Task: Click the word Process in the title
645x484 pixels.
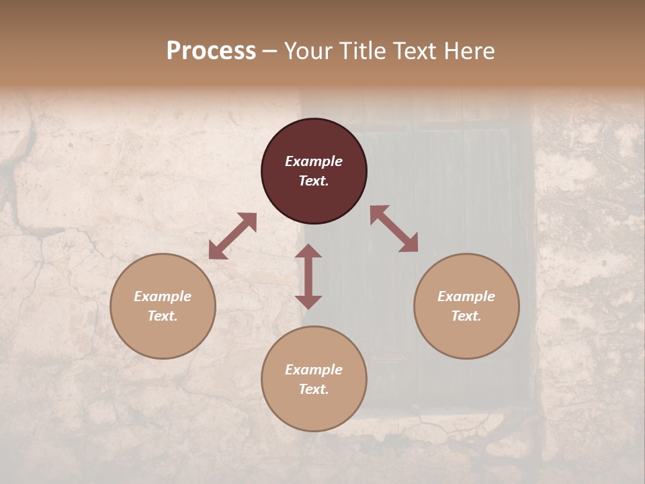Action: (211, 51)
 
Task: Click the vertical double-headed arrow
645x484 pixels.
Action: (308, 276)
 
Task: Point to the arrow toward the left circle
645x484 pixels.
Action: (232, 235)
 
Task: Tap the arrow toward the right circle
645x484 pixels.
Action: (394, 229)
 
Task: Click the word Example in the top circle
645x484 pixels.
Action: (314, 161)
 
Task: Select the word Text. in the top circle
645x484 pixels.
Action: (314, 181)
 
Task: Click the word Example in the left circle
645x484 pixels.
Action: (163, 296)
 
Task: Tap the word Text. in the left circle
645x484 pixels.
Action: (163, 316)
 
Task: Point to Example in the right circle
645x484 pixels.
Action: (466, 296)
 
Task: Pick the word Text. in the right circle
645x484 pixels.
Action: (466, 316)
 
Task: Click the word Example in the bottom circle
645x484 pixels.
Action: (314, 370)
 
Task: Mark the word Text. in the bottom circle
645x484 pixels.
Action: (314, 389)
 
